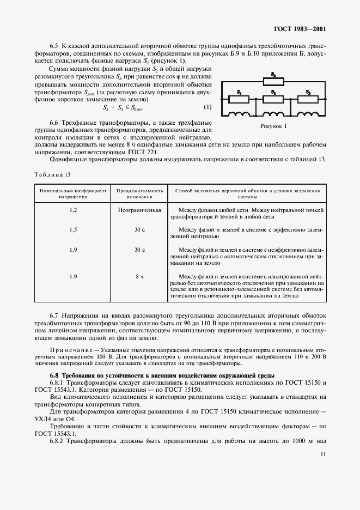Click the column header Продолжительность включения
[x=140, y=194]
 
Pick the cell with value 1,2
[x=74, y=210]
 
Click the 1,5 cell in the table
[x=74, y=230]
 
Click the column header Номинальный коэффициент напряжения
[x=74, y=194]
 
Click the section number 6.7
[x=54, y=316]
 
